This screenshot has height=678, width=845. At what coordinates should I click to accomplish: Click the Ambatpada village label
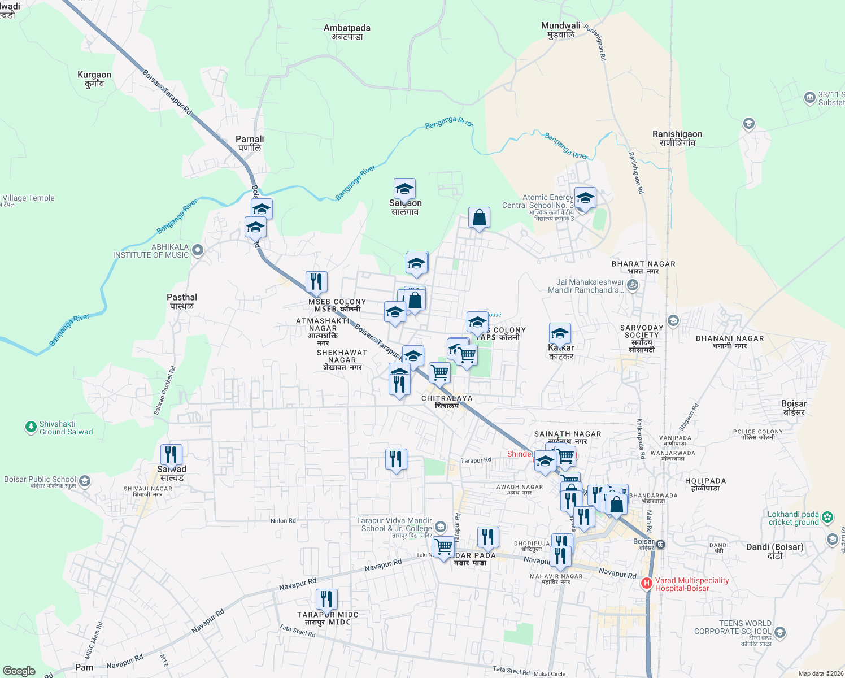pyautogui.click(x=347, y=32)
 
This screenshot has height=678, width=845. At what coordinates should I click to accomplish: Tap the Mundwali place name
pyautogui.click(x=560, y=30)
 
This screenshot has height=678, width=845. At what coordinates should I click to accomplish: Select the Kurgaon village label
pyautogui.click(x=94, y=79)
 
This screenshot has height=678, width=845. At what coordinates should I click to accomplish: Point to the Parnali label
pyautogui.click(x=250, y=143)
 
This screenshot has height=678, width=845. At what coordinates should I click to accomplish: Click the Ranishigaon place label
pyautogui.click(x=677, y=138)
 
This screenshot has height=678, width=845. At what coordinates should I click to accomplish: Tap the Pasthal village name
pyautogui.click(x=182, y=301)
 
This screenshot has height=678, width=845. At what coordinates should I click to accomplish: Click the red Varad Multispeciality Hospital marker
pyautogui.click(x=647, y=583)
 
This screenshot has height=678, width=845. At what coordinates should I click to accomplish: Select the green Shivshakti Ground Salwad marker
pyautogui.click(x=31, y=428)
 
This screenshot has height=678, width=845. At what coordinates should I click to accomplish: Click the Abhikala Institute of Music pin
pyautogui.click(x=198, y=250)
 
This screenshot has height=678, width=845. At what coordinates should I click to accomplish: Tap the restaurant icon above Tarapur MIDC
pyautogui.click(x=326, y=599)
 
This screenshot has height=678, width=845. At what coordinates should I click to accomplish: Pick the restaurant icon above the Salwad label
pyautogui.click(x=171, y=454)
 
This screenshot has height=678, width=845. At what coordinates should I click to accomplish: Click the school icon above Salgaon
pyautogui.click(x=404, y=189)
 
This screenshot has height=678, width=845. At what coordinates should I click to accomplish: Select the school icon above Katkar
pyautogui.click(x=560, y=333)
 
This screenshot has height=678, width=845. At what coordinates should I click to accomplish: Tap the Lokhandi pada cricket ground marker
pyautogui.click(x=827, y=517)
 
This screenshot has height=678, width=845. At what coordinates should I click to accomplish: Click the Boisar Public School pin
pyautogui.click(x=85, y=481)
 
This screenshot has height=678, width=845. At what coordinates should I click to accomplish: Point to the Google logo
pyautogui.click(x=19, y=671)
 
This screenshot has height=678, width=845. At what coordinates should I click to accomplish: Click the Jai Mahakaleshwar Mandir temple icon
pyautogui.click(x=633, y=285)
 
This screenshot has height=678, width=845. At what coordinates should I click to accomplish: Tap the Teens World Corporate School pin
pyautogui.click(x=780, y=631)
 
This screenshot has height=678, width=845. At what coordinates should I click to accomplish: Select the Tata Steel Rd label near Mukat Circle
pyautogui.click(x=511, y=671)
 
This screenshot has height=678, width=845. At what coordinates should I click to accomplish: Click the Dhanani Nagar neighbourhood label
pyautogui.click(x=730, y=342)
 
